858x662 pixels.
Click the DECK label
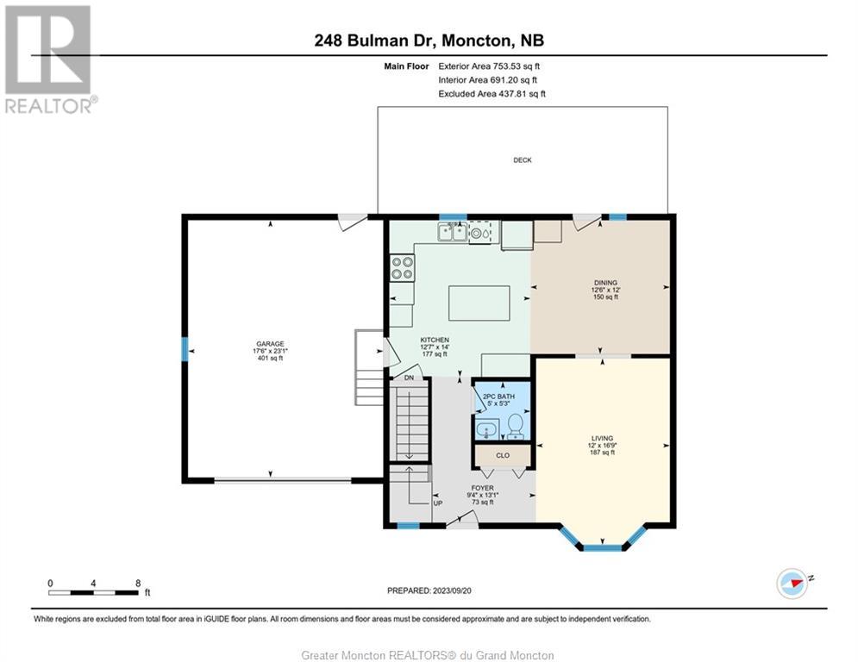[522, 159]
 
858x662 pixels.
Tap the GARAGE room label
[270, 344]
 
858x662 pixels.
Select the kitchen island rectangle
[479, 303]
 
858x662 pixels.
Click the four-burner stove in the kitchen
[402, 268]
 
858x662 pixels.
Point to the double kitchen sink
[452, 232]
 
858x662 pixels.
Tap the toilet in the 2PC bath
[516, 427]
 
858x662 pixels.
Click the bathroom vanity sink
[485, 430]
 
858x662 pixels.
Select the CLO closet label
[503, 455]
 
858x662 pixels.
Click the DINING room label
[605, 283]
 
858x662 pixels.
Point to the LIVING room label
[602, 438]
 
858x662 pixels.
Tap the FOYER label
[482, 488]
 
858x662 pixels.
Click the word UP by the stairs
[438, 503]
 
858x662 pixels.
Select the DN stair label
[409, 378]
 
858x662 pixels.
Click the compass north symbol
[792, 584]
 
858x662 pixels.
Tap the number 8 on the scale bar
[138, 584]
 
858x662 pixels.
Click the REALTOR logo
[49, 59]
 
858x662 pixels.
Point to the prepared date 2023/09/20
[452, 590]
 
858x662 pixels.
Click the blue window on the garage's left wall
[185, 348]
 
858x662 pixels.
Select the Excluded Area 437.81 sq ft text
[492, 94]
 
